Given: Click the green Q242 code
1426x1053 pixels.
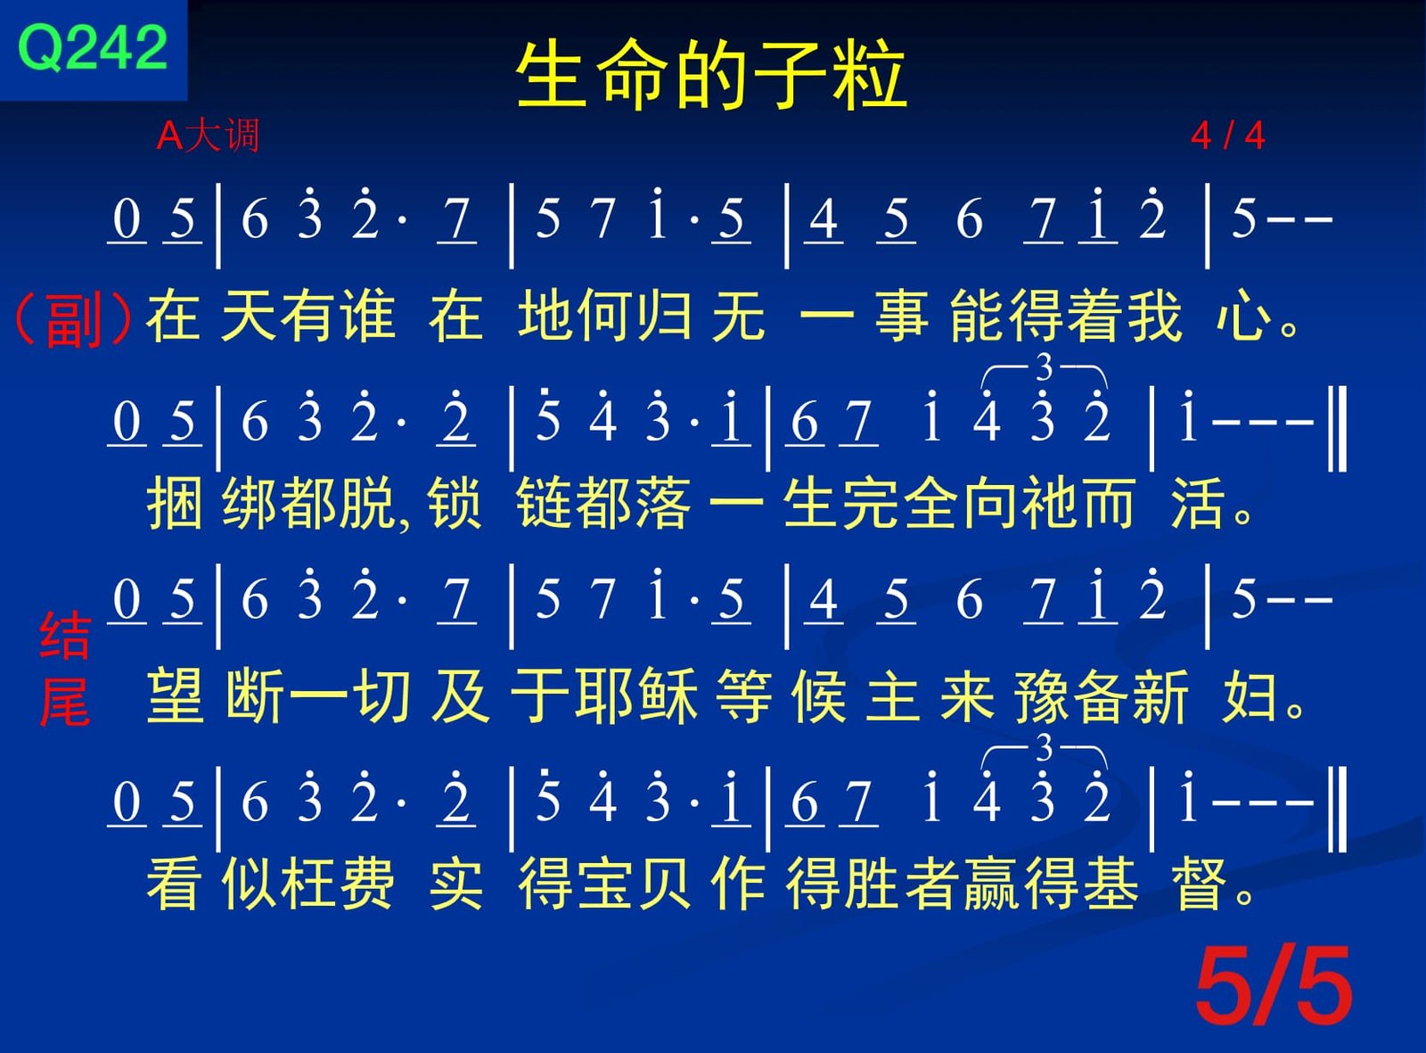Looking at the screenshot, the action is [x=93, y=47].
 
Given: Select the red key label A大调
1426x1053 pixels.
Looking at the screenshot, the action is [x=208, y=136].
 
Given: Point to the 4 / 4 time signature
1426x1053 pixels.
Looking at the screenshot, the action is [x=1228, y=136].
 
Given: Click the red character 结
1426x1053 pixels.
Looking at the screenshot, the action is [x=64, y=636].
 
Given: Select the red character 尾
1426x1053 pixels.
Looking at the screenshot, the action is [x=64, y=703].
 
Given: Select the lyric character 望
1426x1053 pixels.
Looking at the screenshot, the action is [x=175, y=694].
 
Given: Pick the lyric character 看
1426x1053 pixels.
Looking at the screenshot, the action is [x=173, y=884].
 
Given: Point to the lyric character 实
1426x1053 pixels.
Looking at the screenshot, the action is [x=455, y=884].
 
